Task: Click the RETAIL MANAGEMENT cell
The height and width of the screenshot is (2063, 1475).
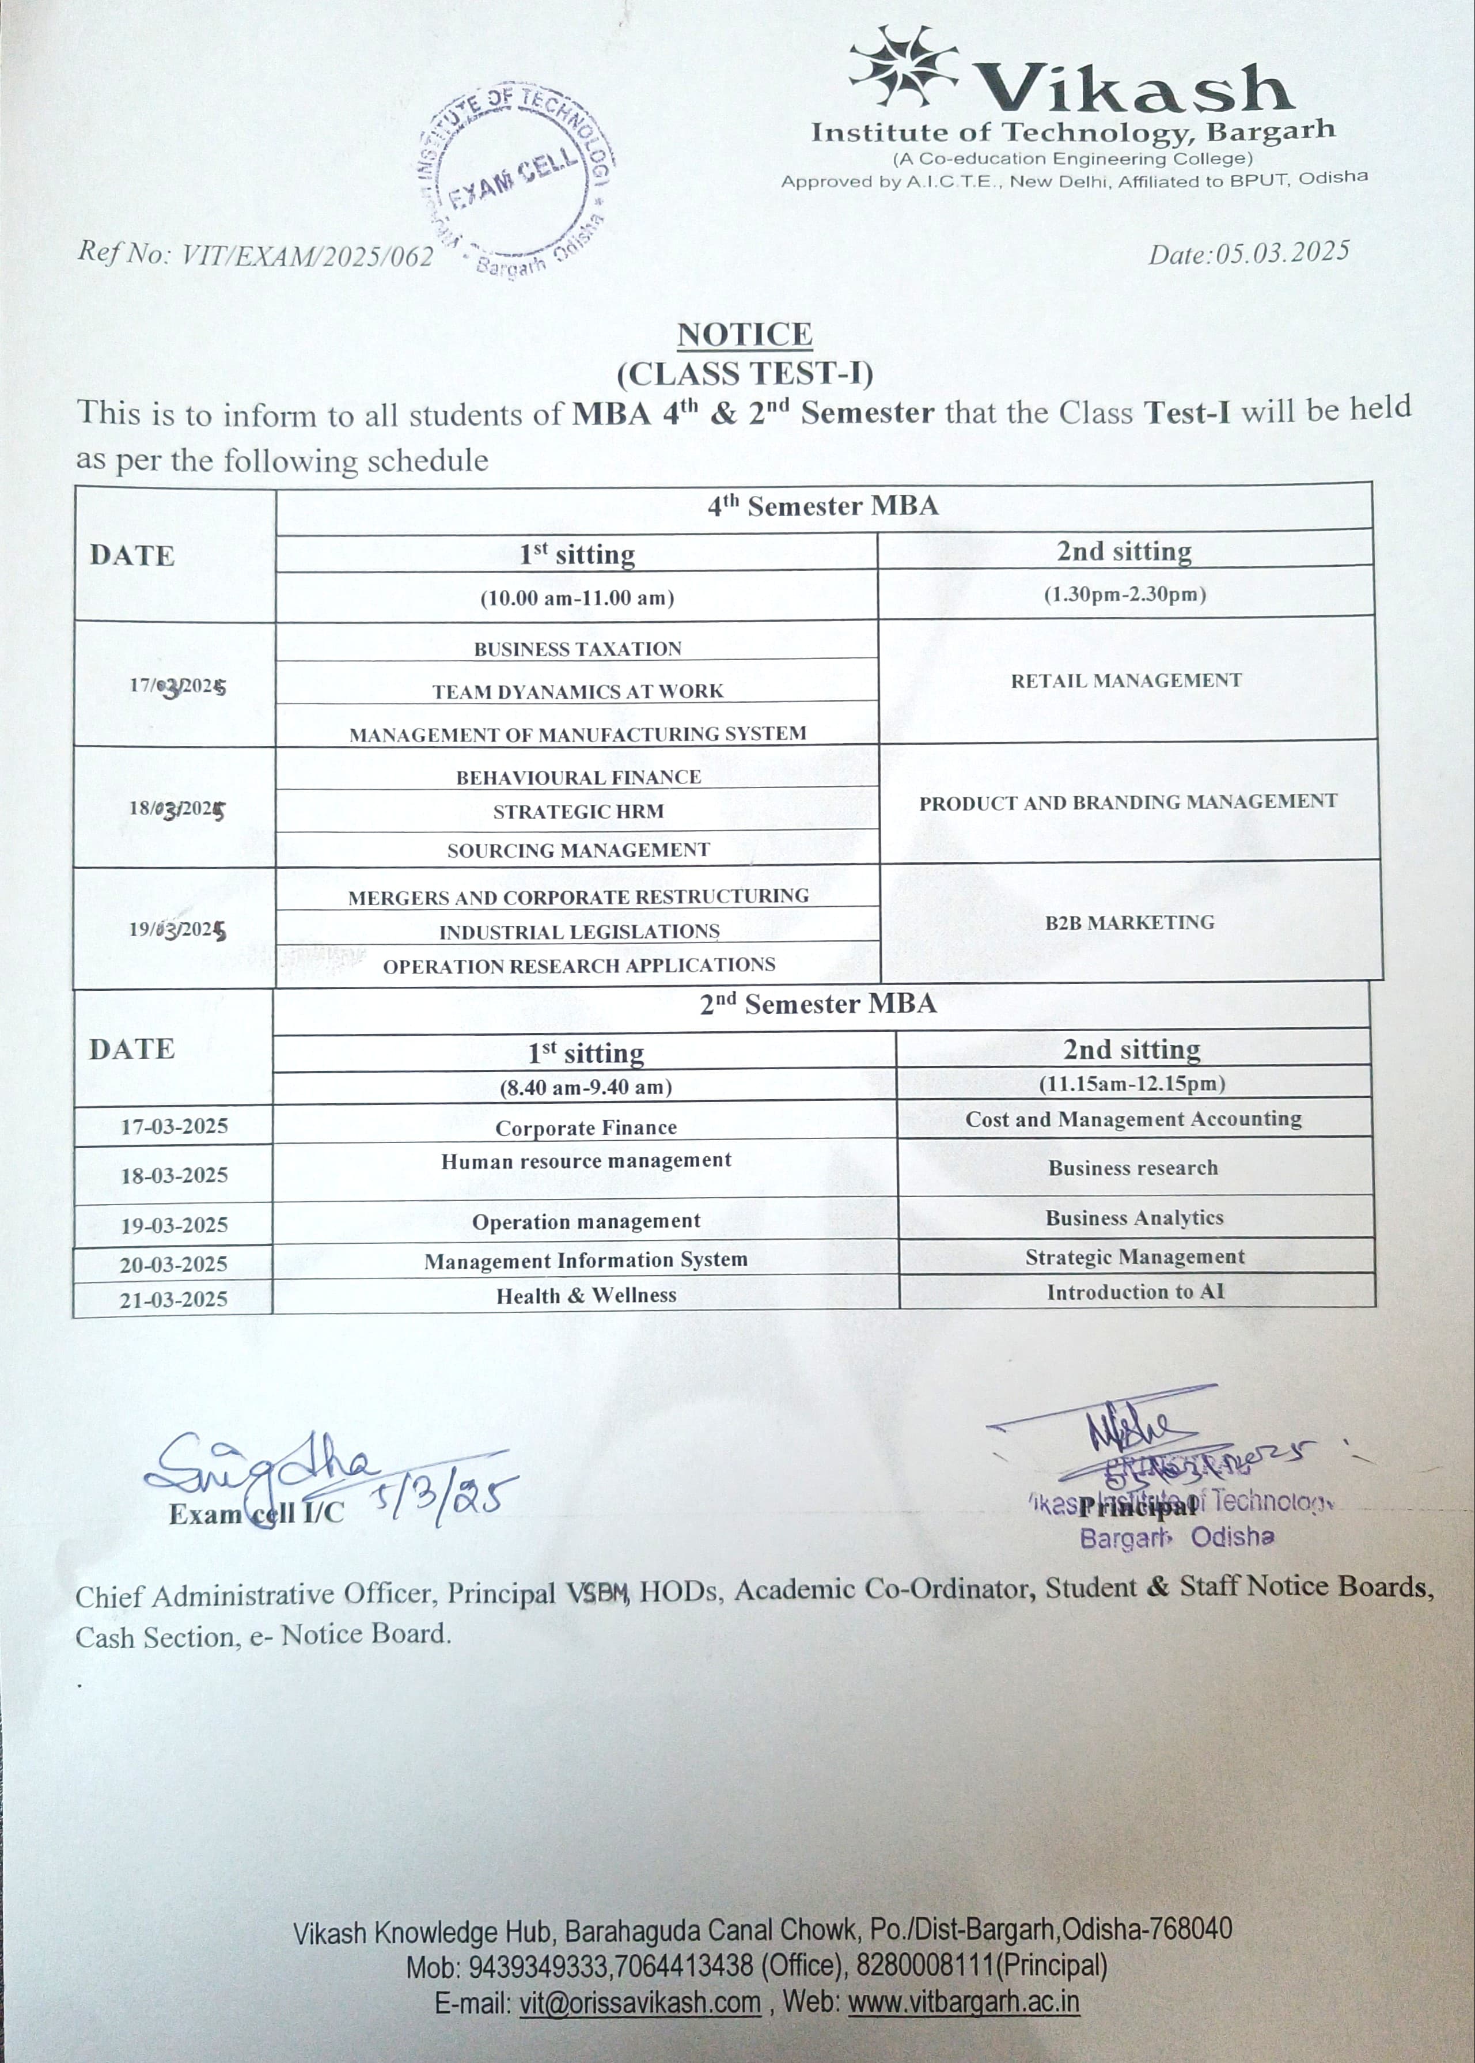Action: point(1126,680)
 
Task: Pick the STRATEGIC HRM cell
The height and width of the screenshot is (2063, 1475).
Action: point(578,811)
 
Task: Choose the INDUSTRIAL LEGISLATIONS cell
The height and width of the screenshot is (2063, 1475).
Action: point(579,931)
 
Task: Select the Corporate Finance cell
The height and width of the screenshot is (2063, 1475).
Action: point(586,1127)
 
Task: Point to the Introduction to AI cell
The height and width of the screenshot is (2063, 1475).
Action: point(1135,1292)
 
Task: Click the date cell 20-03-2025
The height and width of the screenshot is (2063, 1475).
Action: point(173,1263)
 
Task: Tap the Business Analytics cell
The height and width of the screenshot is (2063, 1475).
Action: point(1135,1217)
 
